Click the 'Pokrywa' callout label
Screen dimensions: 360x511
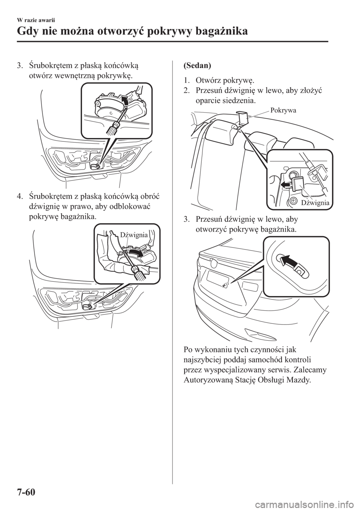click(x=283, y=110)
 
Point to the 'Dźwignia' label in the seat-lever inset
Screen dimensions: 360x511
click(x=315, y=203)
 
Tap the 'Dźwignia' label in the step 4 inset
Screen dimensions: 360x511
click(x=134, y=235)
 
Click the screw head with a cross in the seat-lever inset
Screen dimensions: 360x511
click(x=294, y=200)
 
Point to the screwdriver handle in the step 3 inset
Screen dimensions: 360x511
click(x=114, y=128)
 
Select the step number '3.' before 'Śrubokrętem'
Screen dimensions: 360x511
click(x=19, y=66)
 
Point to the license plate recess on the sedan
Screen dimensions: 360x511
click(x=217, y=278)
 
